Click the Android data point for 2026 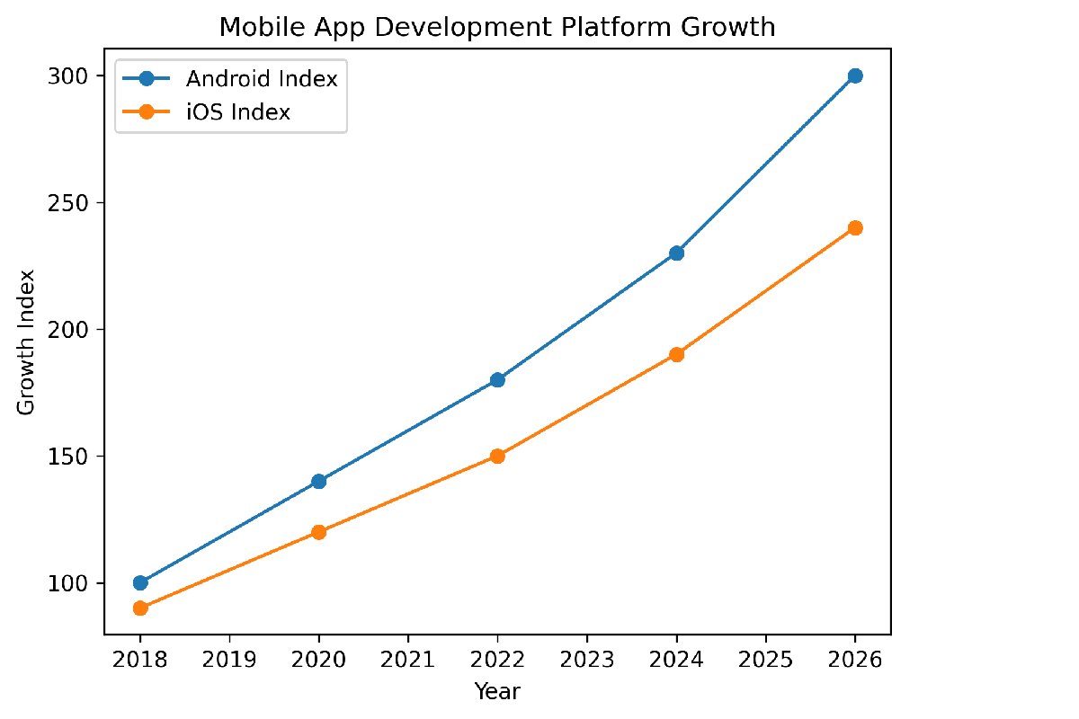[855, 75]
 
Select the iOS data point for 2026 [855, 227]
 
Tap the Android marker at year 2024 [676, 253]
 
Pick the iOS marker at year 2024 [676, 354]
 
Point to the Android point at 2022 [497, 379]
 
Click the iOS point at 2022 [497, 456]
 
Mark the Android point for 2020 [318, 481]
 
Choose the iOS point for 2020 [318, 532]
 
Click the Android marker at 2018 [139, 582]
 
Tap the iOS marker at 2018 [139, 608]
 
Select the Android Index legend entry [261, 79]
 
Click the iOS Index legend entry [237, 112]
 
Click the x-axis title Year [497, 690]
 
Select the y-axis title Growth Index [27, 342]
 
